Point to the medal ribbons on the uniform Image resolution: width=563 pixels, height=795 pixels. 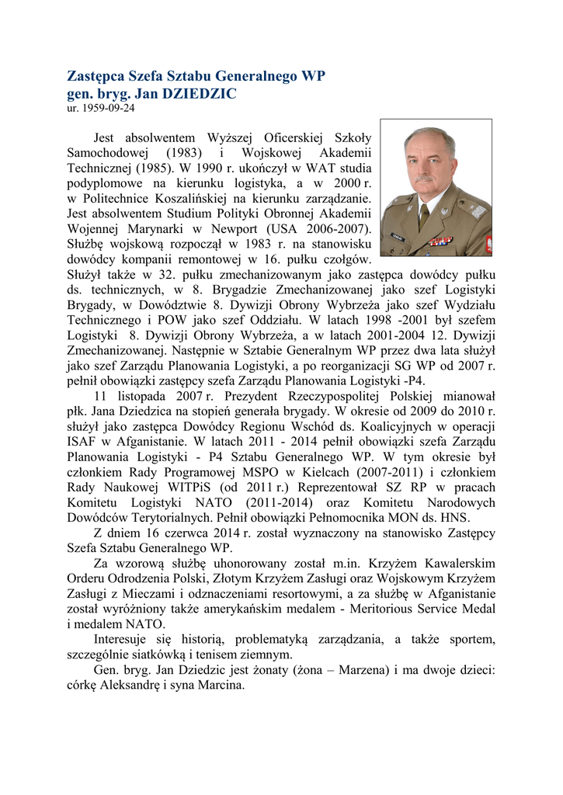[442, 241]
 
